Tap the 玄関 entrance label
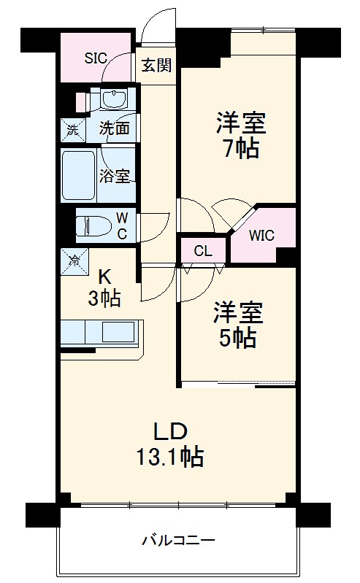[156, 65]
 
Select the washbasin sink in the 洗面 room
[112, 99]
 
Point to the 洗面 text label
[115, 130]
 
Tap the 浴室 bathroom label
[115, 176]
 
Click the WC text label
[122, 225]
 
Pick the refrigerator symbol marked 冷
[74, 258]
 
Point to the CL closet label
[203, 251]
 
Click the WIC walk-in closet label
[262, 236]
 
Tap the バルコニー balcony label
[178, 541]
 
